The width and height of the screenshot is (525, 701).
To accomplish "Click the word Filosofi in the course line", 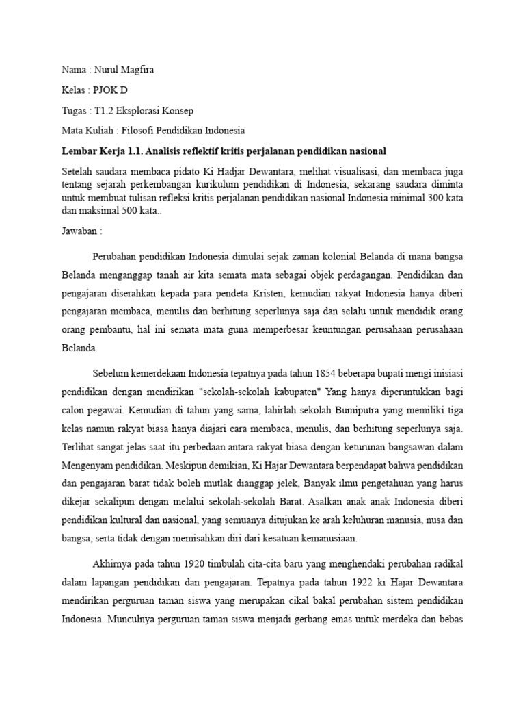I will [139, 130].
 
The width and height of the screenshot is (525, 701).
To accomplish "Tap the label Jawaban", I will [77, 232].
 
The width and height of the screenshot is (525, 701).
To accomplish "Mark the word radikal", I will [448, 564].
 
